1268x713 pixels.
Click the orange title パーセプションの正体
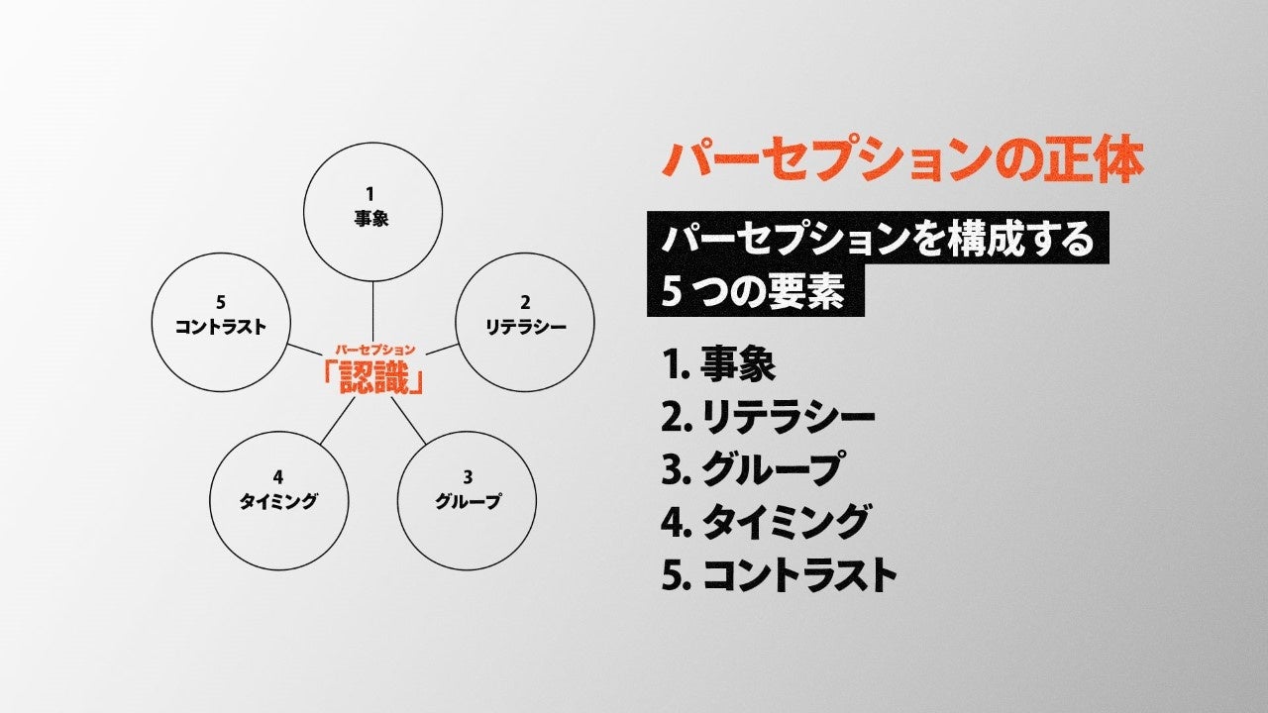901,161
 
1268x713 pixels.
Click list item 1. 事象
718,364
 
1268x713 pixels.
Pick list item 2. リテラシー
768,417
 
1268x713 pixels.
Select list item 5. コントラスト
779,574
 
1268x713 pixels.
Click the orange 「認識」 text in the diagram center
373,377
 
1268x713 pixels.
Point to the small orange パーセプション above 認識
373,351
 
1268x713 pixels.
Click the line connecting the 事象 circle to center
372,311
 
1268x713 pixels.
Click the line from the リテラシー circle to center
444,350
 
